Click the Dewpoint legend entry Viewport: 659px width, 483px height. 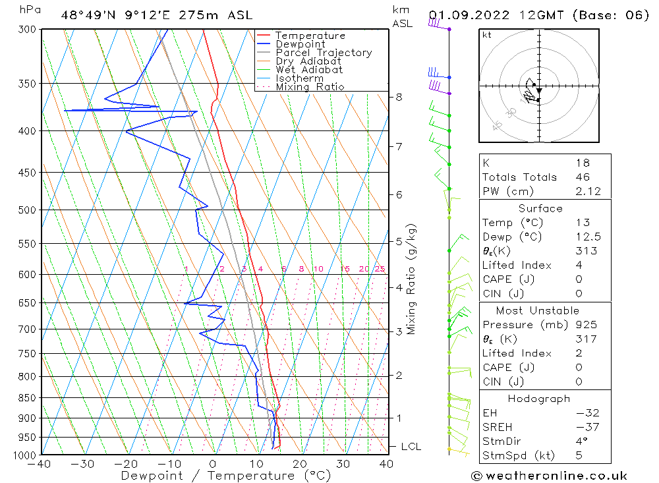(x=300, y=44)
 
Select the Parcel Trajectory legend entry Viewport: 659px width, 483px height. (x=323, y=53)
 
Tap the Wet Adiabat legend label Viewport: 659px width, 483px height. (x=308, y=70)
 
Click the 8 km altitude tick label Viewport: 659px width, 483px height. (x=399, y=97)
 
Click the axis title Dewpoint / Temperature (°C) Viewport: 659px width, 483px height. (x=226, y=476)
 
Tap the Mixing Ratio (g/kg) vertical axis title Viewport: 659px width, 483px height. (x=412, y=279)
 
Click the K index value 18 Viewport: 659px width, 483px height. (x=582, y=163)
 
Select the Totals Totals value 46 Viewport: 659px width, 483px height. (x=582, y=177)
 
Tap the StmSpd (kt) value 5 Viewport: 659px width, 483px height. (x=578, y=455)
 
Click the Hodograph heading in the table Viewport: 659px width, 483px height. (x=540, y=399)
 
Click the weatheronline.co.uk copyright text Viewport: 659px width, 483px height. (x=549, y=476)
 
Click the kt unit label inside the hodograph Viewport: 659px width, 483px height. (x=486, y=35)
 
